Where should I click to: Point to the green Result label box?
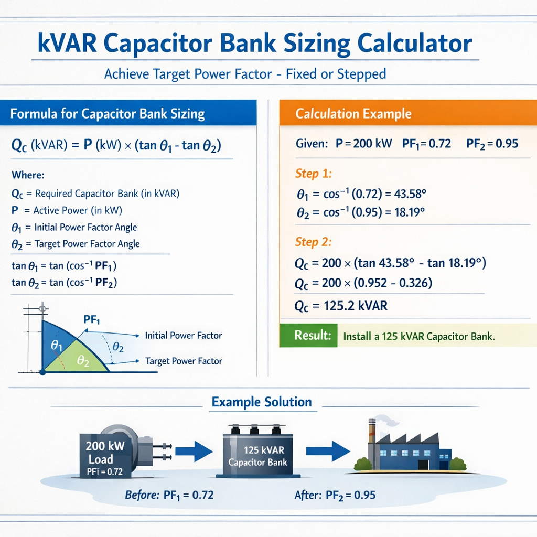[x=308, y=336]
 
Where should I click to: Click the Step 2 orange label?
[x=314, y=242]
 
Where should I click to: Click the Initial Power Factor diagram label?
[x=183, y=335]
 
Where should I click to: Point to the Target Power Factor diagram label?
[x=183, y=361]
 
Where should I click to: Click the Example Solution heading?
[x=261, y=402]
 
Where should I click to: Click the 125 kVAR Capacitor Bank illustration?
[x=258, y=451]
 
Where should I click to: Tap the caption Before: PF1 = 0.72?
[x=169, y=495]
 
